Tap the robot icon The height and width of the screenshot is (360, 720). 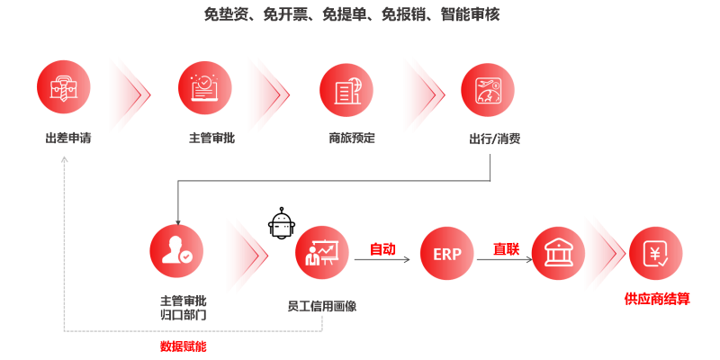click(282, 224)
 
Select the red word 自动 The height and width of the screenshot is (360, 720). click(382, 249)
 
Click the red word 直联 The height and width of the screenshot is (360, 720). click(506, 249)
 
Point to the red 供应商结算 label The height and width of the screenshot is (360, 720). click(657, 299)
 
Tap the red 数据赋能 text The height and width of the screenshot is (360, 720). click(188, 346)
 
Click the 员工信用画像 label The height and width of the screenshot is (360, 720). click(321, 306)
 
